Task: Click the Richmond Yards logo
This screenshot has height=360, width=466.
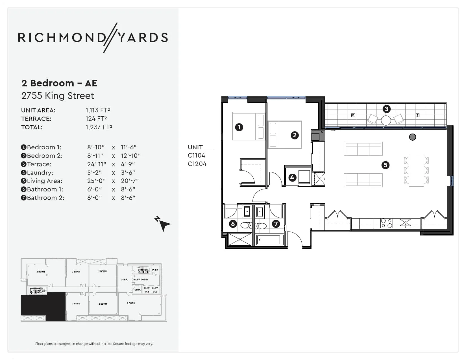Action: pos(93,38)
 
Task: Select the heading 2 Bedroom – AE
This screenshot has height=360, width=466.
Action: pos(59,83)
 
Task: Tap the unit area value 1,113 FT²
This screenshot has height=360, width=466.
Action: pos(98,110)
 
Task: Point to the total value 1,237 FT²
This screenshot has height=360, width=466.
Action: pos(99,127)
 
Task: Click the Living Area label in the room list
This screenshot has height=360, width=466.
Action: pos(44,181)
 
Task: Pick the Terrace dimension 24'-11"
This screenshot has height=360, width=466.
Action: pos(97,164)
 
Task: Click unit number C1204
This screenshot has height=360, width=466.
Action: pos(197,164)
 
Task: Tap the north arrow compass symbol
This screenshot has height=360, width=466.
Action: pos(163,224)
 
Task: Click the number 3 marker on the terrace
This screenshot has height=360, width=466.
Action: pos(386,109)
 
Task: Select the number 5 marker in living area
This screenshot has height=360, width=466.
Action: pos(385,165)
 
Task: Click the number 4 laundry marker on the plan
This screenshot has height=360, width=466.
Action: pos(292,177)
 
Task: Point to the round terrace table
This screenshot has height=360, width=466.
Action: pos(386,121)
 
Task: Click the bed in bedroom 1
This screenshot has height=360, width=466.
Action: pos(248,127)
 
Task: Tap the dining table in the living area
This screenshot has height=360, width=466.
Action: pos(416,170)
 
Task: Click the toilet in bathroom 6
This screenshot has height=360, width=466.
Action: pos(246,225)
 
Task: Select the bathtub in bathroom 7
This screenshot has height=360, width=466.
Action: pos(268,240)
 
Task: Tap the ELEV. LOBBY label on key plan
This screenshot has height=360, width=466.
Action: pos(141,280)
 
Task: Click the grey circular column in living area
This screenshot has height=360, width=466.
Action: pos(412,137)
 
